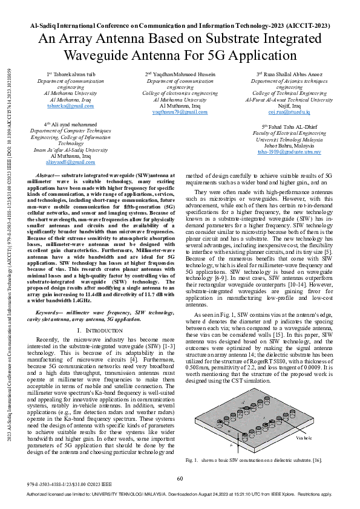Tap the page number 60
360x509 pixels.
click(180, 479)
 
